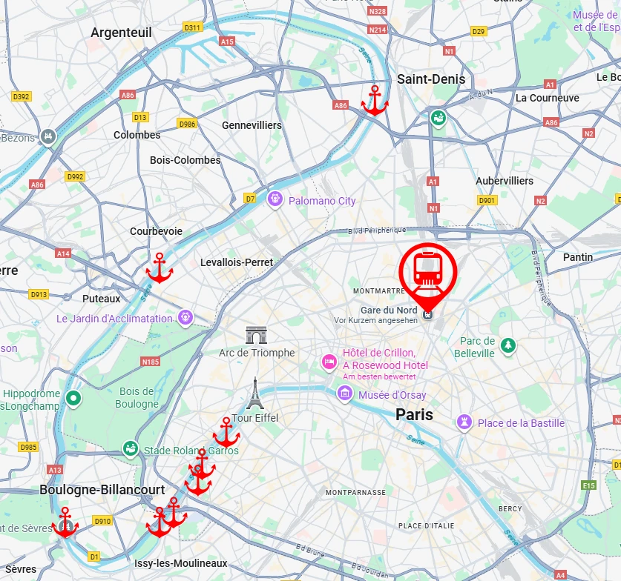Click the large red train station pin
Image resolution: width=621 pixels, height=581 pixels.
click(x=428, y=271)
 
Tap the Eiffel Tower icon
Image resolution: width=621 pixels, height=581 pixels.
click(x=255, y=394)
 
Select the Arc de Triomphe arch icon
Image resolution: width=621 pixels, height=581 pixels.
click(x=257, y=336)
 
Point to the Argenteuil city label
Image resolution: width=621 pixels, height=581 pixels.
click(x=121, y=33)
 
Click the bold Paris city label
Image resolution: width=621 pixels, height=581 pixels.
click(x=414, y=415)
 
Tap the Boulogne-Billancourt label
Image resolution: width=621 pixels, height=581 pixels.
click(x=102, y=490)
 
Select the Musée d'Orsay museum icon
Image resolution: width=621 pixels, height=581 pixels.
click(x=344, y=395)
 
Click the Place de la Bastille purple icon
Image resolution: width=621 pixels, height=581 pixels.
click(x=464, y=422)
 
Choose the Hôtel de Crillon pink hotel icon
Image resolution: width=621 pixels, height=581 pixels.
click(x=329, y=362)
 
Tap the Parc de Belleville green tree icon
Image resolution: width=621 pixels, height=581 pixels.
click(x=508, y=345)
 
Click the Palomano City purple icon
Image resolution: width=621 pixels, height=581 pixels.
click(x=275, y=199)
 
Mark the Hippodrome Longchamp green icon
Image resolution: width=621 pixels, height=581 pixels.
click(x=73, y=399)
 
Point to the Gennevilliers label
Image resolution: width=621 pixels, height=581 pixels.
click(x=252, y=125)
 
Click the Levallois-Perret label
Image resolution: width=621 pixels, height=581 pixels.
click(x=237, y=262)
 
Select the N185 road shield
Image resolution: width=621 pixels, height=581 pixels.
click(x=150, y=362)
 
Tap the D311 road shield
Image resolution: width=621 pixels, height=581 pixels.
click(x=192, y=28)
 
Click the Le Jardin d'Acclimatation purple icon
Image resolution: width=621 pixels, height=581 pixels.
click(x=185, y=317)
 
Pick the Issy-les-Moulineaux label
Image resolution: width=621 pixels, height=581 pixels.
click(x=181, y=563)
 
